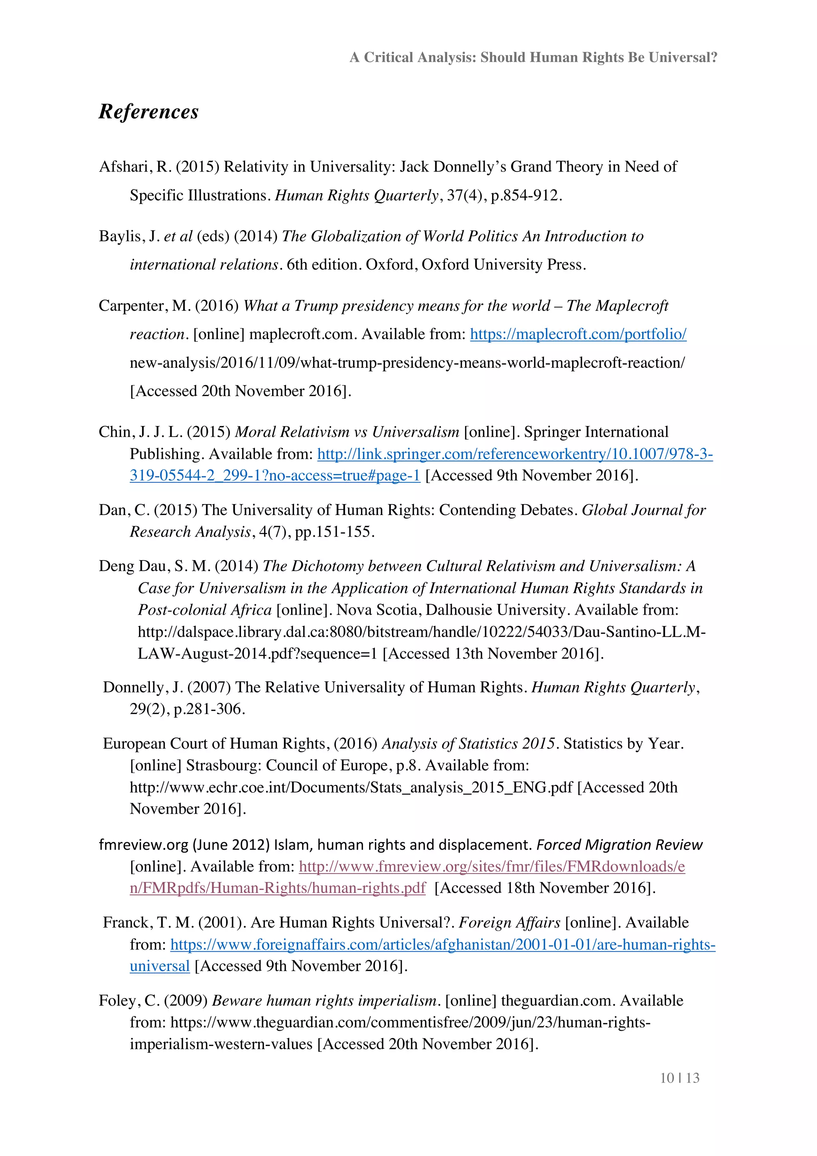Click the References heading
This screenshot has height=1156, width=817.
tap(148, 112)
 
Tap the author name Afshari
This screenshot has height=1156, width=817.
tap(125, 167)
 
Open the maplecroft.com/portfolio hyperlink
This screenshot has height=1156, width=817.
tap(578, 334)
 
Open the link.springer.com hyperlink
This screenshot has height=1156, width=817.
tap(515, 454)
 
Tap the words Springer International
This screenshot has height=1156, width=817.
tap(596, 432)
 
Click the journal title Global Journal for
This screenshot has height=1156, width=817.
tap(643, 510)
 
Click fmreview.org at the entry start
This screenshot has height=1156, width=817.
tap(144, 844)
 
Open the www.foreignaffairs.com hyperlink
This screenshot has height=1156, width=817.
tap(442, 945)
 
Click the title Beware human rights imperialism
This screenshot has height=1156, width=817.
tap(324, 1000)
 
